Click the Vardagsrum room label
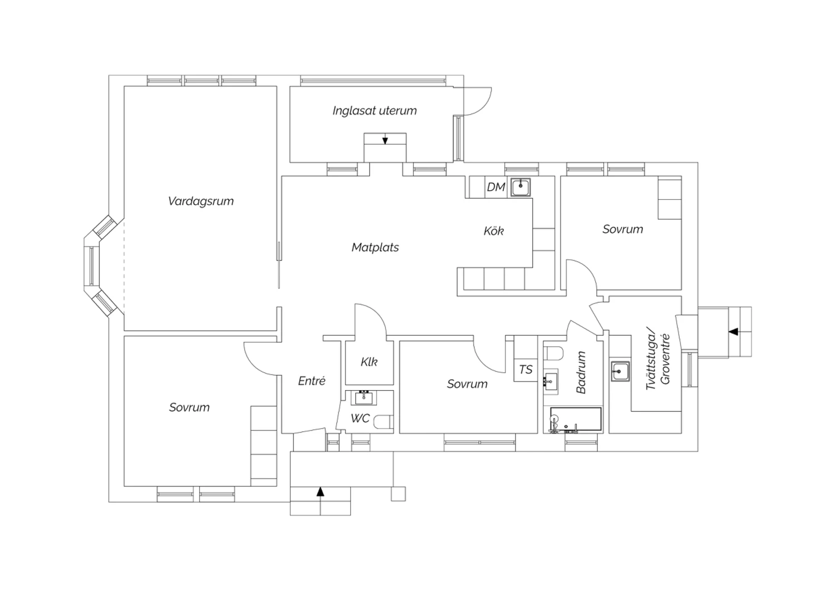[200, 201]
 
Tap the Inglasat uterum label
[374, 111]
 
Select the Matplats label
[375, 247]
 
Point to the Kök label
[494, 231]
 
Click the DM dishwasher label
[496, 187]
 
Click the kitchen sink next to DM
[520, 186]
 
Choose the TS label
[525, 370]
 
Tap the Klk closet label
[369, 362]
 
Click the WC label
[360, 419]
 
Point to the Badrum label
[581, 372]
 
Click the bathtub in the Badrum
[576, 420]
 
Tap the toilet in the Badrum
[553, 353]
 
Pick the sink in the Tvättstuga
[620, 371]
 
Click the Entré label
[312, 381]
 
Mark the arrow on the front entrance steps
[320, 492]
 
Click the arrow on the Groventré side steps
[733, 331]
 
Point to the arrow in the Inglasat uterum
[385, 140]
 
